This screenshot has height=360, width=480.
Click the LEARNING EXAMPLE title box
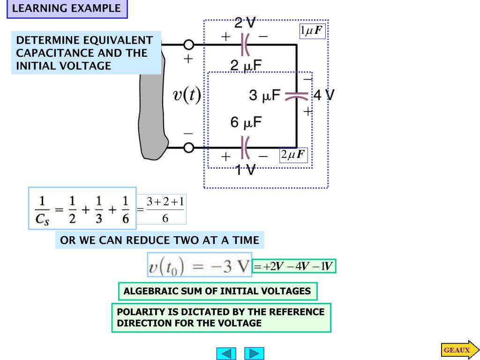tap(67, 8)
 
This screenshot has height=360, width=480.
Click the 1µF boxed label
tap(312, 31)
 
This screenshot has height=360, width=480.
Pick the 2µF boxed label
tap(293, 155)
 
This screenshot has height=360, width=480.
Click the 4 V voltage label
tap(323, 95)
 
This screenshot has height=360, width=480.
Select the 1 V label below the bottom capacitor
tap(245, 170)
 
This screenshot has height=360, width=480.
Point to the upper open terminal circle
tap(188, 45)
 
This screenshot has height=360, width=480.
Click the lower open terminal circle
tap(188, 148)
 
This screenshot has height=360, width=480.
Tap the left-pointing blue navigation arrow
tap(226, 353)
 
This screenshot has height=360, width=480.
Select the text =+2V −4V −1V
tap(294, 267)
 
